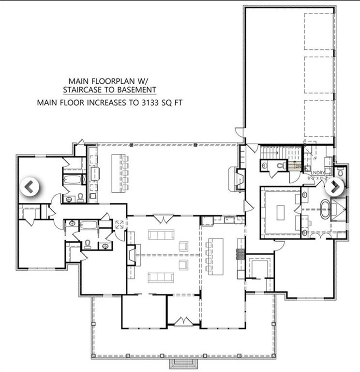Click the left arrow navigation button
pos(30,186)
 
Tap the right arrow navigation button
pos(334,186)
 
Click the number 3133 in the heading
pos(146,102)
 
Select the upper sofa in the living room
pos(161,235)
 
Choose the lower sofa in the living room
pos(161,277)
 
